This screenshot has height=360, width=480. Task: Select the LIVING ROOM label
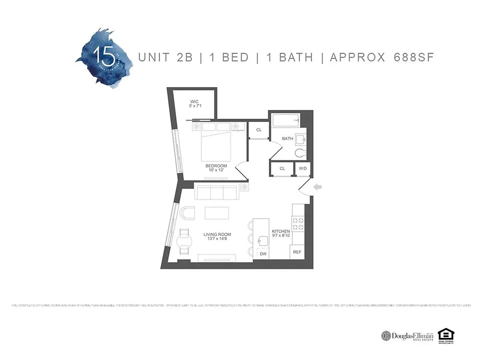(217, 234)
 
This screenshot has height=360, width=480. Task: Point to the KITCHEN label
(281, 232)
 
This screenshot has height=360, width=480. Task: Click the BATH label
(287, 139)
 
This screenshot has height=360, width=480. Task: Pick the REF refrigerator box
(297, 252)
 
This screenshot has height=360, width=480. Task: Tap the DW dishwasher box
(263, 254)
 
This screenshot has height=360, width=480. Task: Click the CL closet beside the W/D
(282, 169)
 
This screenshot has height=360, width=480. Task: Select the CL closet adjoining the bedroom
(259, 130)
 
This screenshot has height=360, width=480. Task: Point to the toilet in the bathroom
(301, 153)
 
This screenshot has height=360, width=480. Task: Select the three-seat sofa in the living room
(216, 192)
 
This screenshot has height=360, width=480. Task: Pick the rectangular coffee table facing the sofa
(217, 212)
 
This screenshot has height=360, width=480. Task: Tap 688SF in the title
(413, 58)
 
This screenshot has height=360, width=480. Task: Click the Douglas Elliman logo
(408, 336)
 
